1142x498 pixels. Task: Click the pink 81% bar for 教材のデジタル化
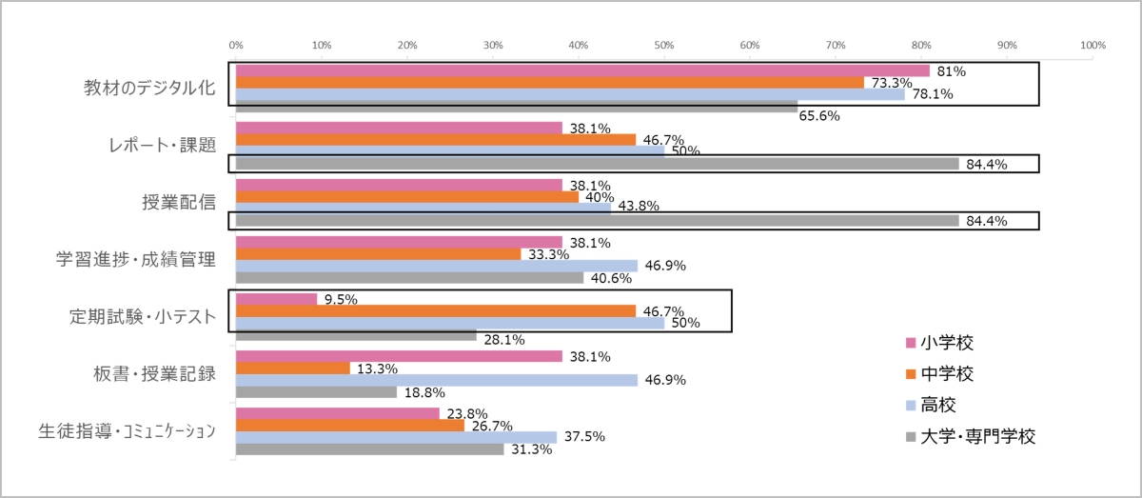(582, 70)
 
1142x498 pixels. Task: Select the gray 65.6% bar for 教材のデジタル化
(517, 106)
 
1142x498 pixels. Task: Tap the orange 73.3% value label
(887, 83)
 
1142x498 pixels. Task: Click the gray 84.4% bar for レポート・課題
(598, 164)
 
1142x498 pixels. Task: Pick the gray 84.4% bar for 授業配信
(598, 221)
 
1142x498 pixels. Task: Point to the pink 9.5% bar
(276, 299)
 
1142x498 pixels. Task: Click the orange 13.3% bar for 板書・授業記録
(293, 369)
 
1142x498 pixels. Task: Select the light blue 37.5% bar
(396, 437)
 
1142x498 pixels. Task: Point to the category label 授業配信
(177, 203)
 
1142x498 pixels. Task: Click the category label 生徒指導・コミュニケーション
(131, 431)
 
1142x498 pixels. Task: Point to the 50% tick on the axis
(664, 45)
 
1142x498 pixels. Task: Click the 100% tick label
(1093, 45)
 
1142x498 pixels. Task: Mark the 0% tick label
(236, 45)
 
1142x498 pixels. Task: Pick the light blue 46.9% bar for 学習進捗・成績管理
(437, 266)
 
